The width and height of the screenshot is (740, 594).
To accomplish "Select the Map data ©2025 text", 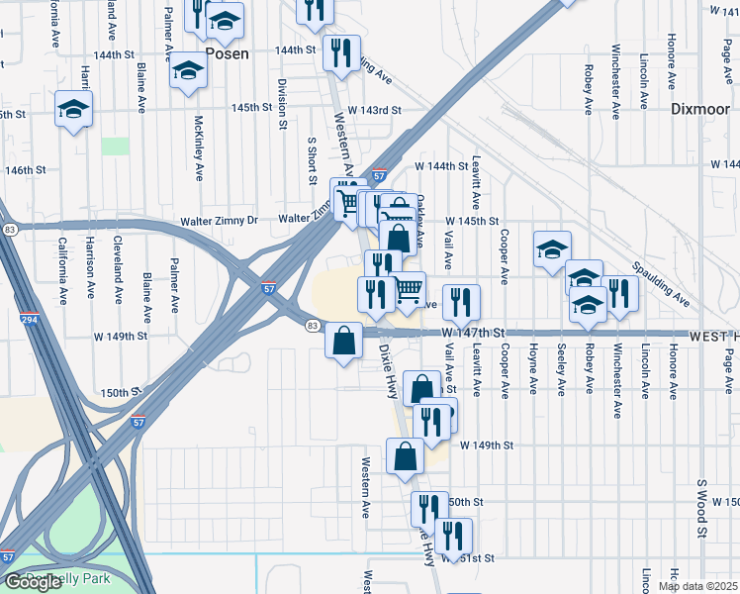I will coord(696,586).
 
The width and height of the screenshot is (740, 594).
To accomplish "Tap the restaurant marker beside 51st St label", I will coord(453,536).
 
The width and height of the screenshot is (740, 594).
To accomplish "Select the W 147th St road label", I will coord(473,333).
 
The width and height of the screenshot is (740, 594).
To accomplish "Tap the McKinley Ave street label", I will coord(199,148).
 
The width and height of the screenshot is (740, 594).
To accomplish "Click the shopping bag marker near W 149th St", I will coord(406,456).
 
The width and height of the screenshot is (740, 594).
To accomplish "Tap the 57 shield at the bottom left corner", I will coord(8,558).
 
